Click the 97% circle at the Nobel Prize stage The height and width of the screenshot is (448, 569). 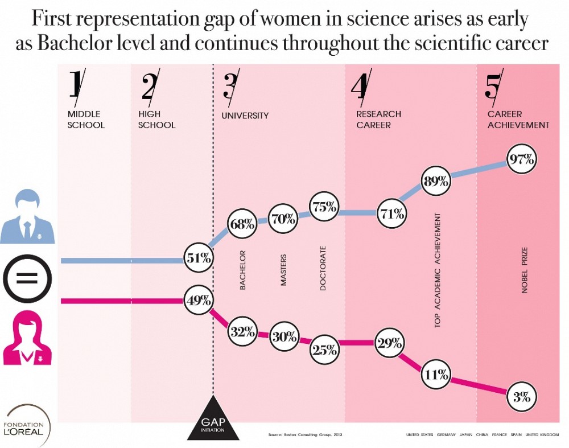(522, 159)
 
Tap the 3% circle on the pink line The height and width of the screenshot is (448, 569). (522, 397)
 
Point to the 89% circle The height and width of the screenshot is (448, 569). (436, 182)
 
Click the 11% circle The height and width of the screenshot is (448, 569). (436, 375)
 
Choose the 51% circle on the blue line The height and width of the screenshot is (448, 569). (199, 258)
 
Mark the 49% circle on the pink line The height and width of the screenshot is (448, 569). (199, 301)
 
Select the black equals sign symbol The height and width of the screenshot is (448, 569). (27, 279)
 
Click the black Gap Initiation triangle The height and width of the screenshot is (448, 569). (213, 421)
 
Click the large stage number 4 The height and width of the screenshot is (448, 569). (362, 88)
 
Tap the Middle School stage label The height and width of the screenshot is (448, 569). (86, 120)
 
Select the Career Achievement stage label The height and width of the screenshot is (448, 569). (518, 120)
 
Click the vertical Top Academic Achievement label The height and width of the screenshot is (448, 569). (438, 270)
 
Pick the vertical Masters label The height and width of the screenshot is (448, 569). (283, 270)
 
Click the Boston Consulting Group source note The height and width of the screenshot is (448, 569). (305, 435)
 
